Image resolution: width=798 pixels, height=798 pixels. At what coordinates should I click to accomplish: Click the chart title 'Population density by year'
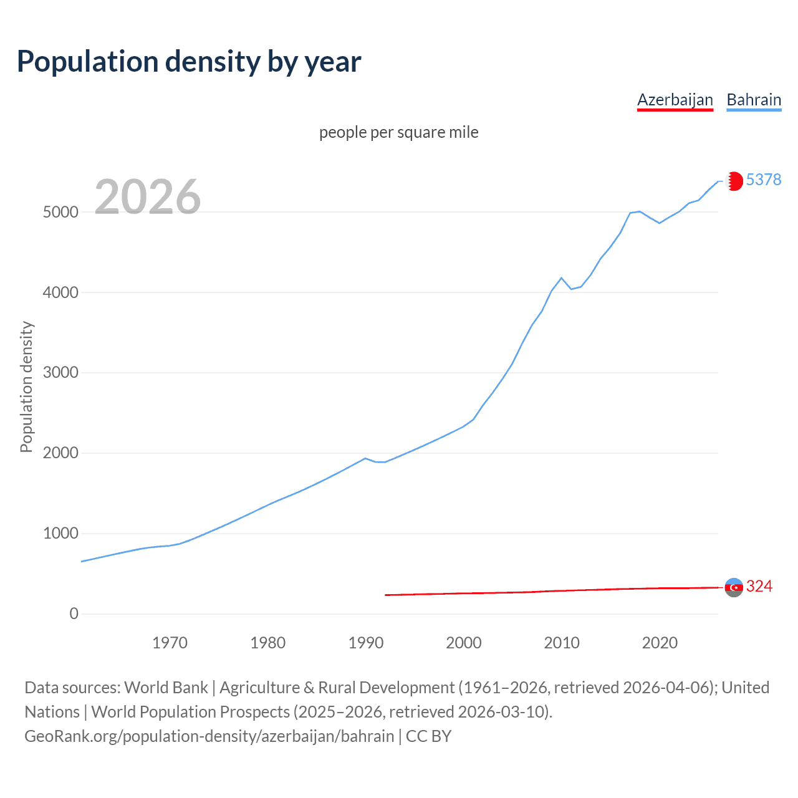pyautogui.click(x=189, y=62)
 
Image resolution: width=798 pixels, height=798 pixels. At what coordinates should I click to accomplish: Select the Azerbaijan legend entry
pyautogui.click(x=675, y=100)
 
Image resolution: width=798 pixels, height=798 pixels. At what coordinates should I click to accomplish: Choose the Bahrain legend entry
pyautogui.click(x=754, y=100)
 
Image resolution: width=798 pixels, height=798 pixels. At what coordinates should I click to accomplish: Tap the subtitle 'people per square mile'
pyautogui.click(x=399, y=132)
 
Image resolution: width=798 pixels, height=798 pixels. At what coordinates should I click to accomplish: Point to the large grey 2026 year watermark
pyautogui.click(x=148, y=197)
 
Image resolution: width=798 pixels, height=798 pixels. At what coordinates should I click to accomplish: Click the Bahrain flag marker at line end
pyautogui.click(x=734, y=181)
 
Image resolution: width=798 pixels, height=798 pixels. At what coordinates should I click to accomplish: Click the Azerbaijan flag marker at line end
pyautogui.click(x=734, y=587)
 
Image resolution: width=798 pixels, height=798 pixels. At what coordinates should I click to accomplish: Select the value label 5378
pyautogui.click(x=763, y=180)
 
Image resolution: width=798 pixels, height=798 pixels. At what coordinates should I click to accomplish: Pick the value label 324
pyautogui.click(x=759, y=586)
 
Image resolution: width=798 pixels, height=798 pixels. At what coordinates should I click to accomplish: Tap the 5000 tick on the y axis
pyautogui.click(x=60, y=212)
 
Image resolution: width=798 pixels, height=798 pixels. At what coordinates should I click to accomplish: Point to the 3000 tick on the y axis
pyautogui.click(x=60, y=373)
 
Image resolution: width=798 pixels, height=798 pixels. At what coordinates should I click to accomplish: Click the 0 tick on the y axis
pyautogui.click(x=74, y=614)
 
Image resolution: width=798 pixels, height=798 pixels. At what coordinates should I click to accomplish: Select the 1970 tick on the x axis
pyautogui.click(x=170, y=643)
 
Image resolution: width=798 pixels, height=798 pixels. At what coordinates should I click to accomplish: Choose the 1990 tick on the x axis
pyautogui.click(x=366, y=643)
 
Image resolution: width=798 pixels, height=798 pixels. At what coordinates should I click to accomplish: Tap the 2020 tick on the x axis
pyautogui.click(x=660, y=643)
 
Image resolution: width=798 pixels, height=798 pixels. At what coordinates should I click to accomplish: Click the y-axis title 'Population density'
pyautogui.click(x=26, y=387)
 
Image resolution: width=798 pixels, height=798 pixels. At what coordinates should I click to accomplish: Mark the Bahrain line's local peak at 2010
pyautogui.click(x=561, y=278)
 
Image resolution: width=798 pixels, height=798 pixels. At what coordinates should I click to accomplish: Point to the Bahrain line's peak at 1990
pyautogui.click(x=365, y=458)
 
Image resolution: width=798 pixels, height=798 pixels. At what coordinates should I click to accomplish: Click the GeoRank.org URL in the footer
pyautogui.click(x=209, y=736)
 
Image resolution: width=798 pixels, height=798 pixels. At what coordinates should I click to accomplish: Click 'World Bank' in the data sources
pyautogui.click(x=166, y=688)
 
